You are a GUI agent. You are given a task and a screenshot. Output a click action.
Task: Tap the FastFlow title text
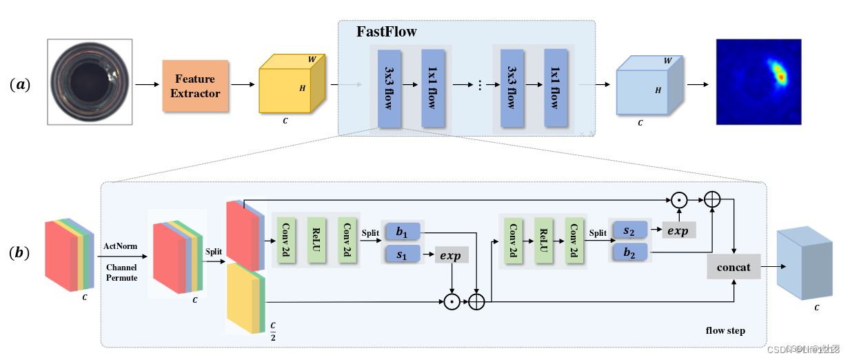pyautogui.click(x=386, y=32)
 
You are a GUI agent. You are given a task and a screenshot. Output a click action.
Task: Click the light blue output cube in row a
pyautogui.click(x=648, y=86)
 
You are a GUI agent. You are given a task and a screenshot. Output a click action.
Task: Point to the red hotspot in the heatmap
pyautogui.click(x=781, y=75)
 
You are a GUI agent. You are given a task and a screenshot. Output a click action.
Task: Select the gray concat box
pyautogui.click(x=733, y=266)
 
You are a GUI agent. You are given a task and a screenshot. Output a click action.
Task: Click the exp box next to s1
pyautogui.click(x=452, y=255)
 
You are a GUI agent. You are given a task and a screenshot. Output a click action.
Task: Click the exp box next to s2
pyautogui.click(x=678, y=230)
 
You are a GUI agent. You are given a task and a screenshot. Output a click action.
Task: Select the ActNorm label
pyautogui.click(x=120, y=246)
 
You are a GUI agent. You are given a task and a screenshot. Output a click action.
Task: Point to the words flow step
pyautogui.click(x=725, y=330)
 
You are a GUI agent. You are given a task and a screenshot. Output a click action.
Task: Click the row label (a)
pyautogui.click(x=19, y=85)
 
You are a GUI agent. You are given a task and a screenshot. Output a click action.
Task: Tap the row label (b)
pyautogui.click(x=19, y=252)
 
